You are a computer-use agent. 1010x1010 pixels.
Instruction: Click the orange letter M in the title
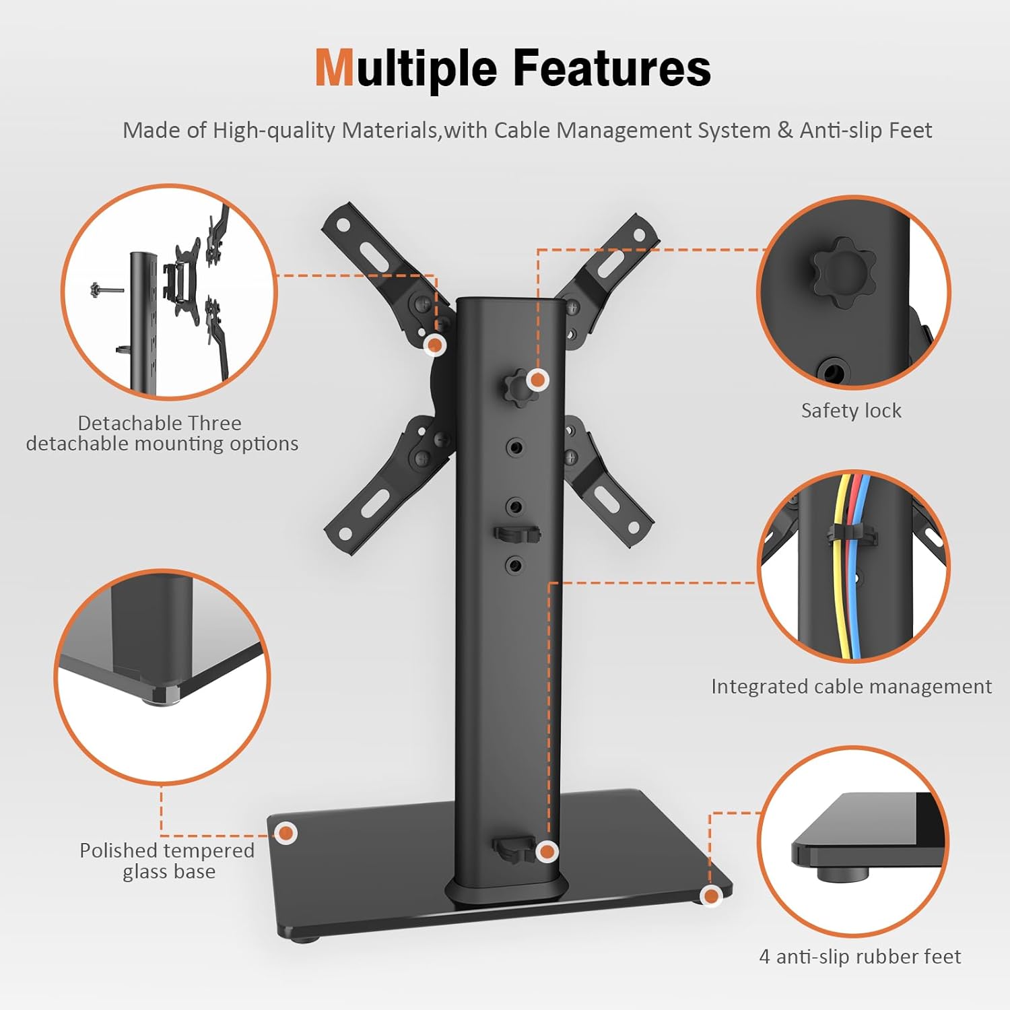pos(335,68)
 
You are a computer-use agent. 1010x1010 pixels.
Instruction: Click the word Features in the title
pos(611,68)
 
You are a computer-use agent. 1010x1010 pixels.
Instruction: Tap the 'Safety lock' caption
pos(851,410)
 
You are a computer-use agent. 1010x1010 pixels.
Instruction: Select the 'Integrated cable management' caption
pos(851,686)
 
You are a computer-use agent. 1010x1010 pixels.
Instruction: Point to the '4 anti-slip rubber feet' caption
pos(860,956)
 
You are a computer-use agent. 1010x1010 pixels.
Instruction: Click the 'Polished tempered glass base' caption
pos(167,861)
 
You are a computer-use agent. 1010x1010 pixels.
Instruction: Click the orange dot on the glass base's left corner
pos(287,833)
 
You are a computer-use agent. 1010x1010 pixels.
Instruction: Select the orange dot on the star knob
pos(537,380)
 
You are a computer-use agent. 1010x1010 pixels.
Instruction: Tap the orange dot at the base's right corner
pos(710,896)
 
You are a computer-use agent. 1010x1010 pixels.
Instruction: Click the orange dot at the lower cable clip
pos(547,852)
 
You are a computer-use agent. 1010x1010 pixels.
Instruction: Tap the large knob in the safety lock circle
pos(843,271)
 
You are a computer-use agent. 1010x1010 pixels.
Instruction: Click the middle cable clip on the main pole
pos(517,534)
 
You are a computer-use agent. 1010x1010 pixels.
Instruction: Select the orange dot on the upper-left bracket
pos(436,345)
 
